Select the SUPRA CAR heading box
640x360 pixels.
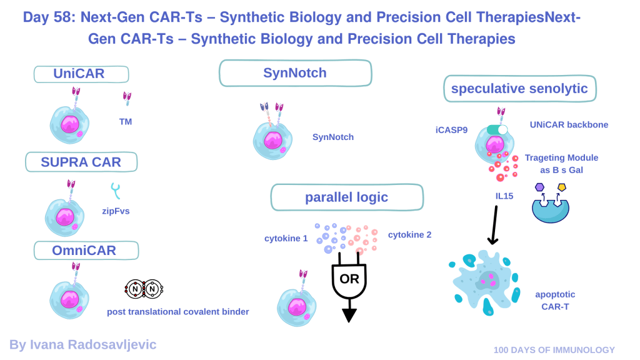pyautogui.click(x=81, y=162)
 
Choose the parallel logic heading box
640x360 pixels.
pyautogui.click(x=346, y=197)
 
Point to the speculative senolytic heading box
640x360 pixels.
pyautogui.click(x=519, y=88)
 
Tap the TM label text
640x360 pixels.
pyautogui.click(x=126, y=122)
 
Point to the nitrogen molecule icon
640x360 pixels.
pyautogui.click(x=144, y=289)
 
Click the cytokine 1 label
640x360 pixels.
pyautogui.click(x=286, y=238)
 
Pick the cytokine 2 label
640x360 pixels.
pyautogui.click(x=409, y=234)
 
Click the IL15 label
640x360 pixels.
pyautogui.click(x=500, y=196)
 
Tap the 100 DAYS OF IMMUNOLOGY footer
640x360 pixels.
pyautogui.click(x=554, y=350)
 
